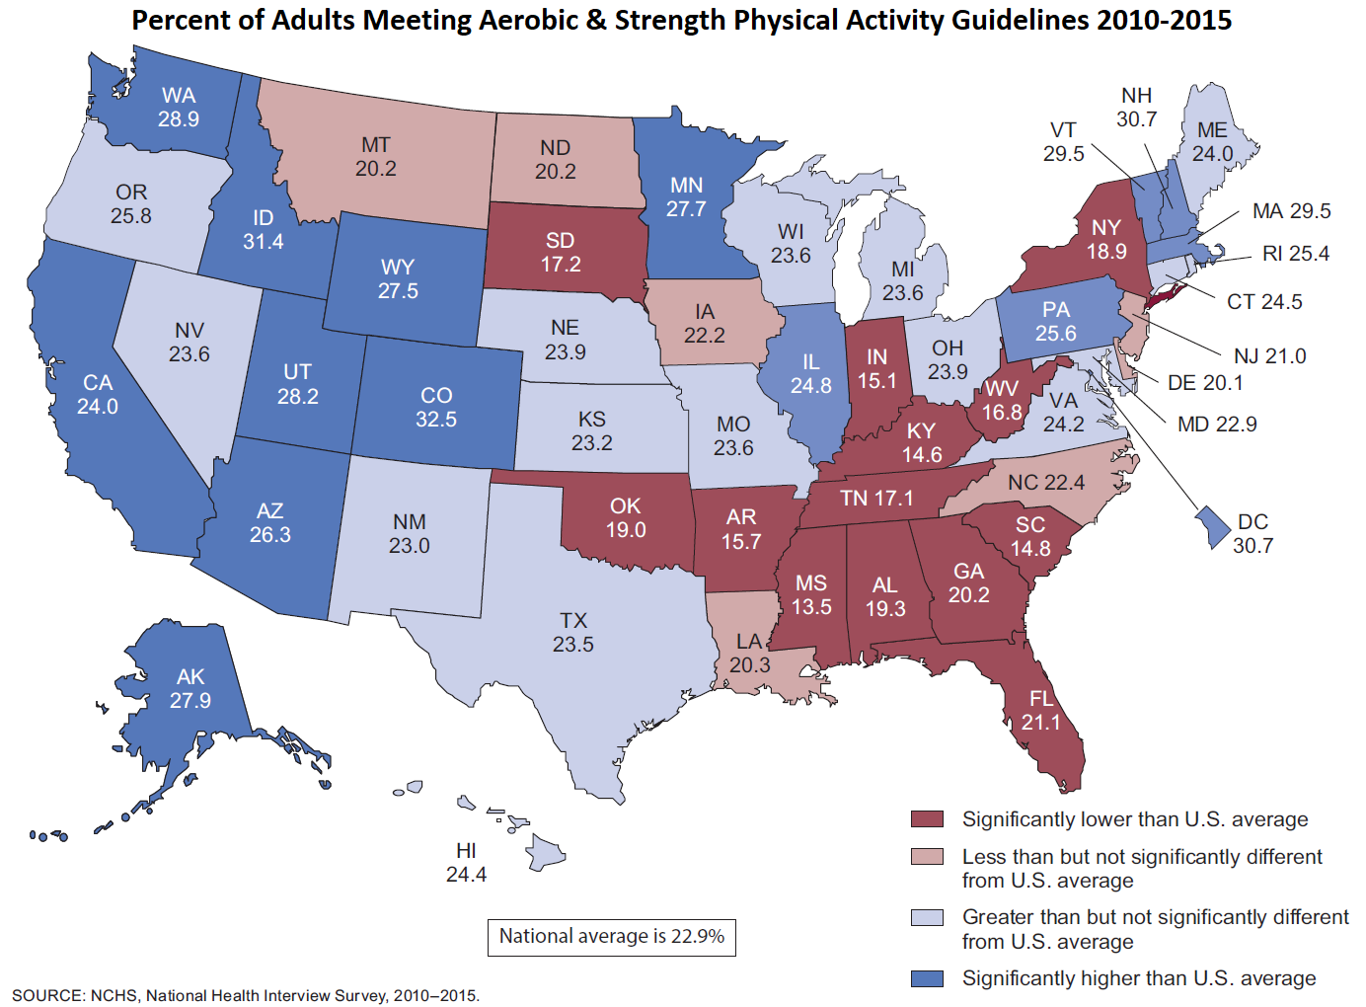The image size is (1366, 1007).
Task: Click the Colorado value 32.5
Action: tap(436, 420)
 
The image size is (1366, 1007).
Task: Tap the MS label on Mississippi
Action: tap(811, 583)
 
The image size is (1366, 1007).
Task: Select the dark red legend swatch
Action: tap(927, 819)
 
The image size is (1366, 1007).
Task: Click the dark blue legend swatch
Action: tap(927, 978)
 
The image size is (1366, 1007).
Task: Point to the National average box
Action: tap(611, 937)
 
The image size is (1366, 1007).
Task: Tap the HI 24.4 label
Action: tap(466, 863)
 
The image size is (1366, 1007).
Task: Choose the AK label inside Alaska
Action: tap(190, 676)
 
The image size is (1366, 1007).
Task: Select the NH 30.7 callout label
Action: tap(1136, 108)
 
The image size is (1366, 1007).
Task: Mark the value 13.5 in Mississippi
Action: tap(811, 607)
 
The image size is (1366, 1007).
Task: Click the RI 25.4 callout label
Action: tap(1295, 254)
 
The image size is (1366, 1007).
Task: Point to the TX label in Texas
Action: tap(573, 620)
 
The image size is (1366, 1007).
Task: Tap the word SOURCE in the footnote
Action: tap(46, 995)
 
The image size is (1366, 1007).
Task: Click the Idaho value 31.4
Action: tap(264, 242)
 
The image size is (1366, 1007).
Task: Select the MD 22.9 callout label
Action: tap(1217, 425)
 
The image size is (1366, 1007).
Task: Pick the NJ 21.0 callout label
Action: tap(1269, 356)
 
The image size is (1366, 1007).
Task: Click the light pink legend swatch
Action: tap(927, 857)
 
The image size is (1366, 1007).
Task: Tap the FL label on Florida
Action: tap(1041, 699)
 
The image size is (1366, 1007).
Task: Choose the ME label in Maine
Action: tap(1212, 130)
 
